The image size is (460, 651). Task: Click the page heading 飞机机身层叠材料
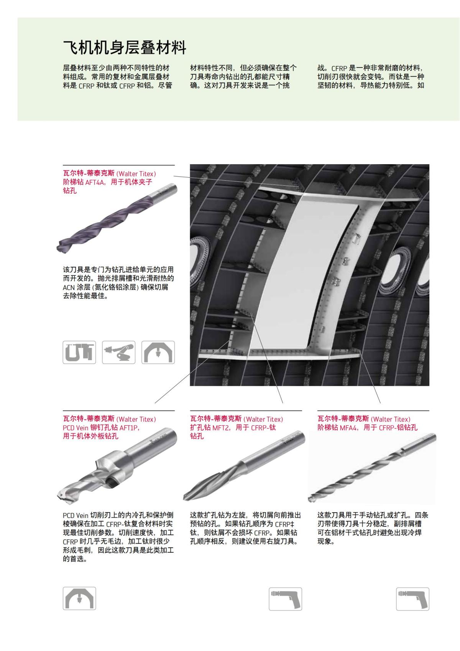coord(125,48)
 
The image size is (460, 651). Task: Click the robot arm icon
coord(118,352)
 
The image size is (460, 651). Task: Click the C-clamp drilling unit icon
coord(79,352)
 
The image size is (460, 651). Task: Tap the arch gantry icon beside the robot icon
coord(158,352)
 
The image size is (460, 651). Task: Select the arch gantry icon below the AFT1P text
coord(79,598)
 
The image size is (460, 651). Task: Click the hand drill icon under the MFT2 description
coord(285,599)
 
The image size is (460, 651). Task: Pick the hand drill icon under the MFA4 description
coord(412,599)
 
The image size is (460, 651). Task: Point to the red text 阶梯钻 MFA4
coord(337,427)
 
